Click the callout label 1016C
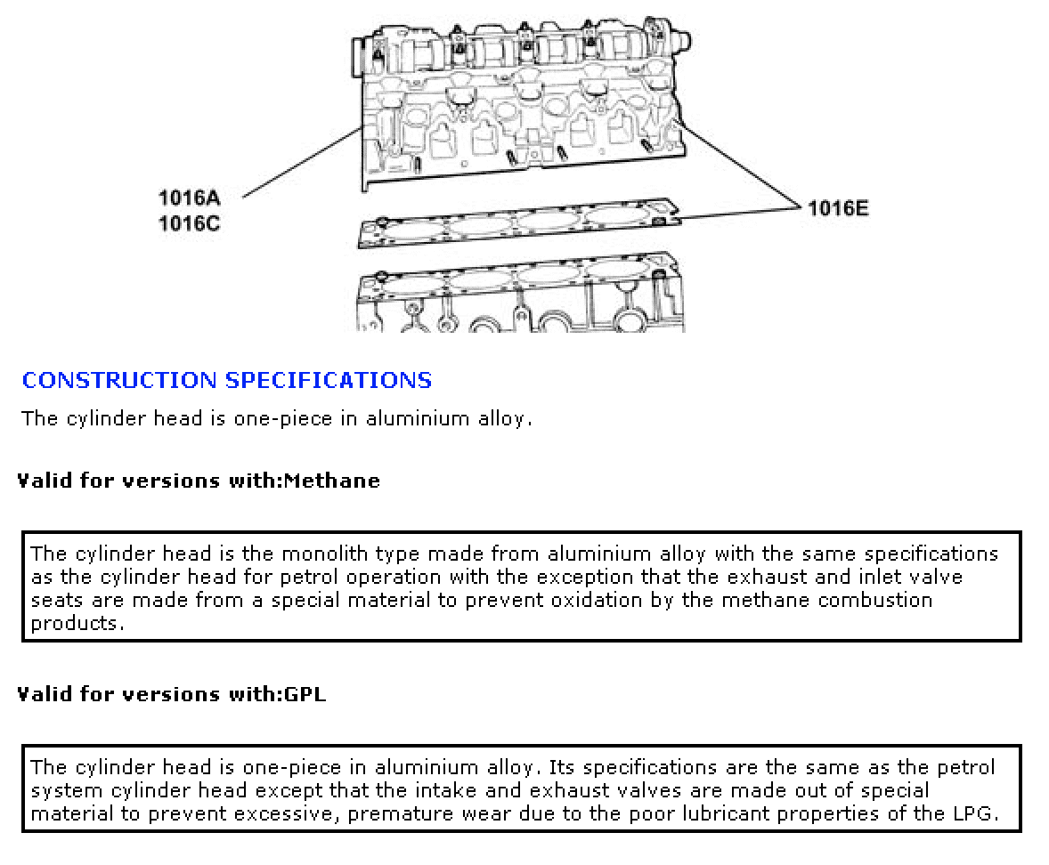tap(189, 223)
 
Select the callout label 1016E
tap(838, 208)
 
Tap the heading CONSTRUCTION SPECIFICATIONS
tap(227, 381)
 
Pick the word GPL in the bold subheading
tap(305, 694)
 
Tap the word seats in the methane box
tap(58, 600)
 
